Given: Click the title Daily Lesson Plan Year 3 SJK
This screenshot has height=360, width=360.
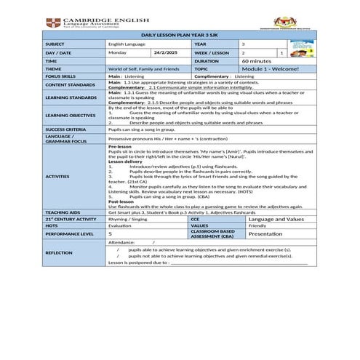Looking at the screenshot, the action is [180, 35].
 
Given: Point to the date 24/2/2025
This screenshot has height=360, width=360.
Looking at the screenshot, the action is [167, 52].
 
